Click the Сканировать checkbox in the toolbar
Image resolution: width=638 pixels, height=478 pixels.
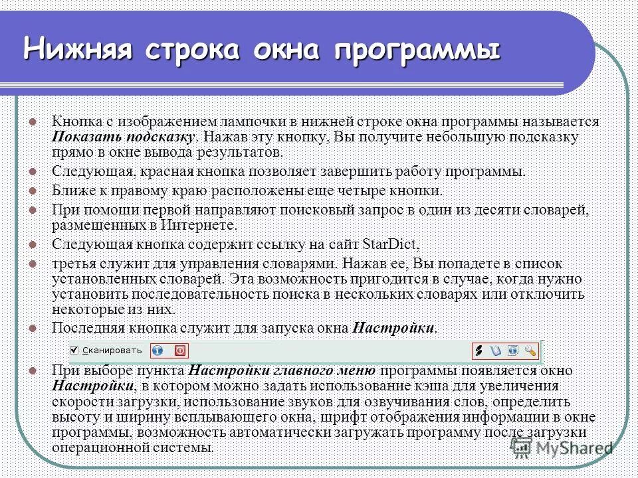[x=74, y=350]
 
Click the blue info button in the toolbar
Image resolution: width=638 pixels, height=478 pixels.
[x=158, y=350]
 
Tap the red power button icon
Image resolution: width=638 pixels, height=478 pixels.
[x=179, y=350]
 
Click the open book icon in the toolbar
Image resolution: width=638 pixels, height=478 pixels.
[x=494, y=350]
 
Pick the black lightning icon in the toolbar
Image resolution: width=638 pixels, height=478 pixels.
[x=477, y=350]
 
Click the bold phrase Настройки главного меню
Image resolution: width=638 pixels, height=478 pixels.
[x=283, y=370]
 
